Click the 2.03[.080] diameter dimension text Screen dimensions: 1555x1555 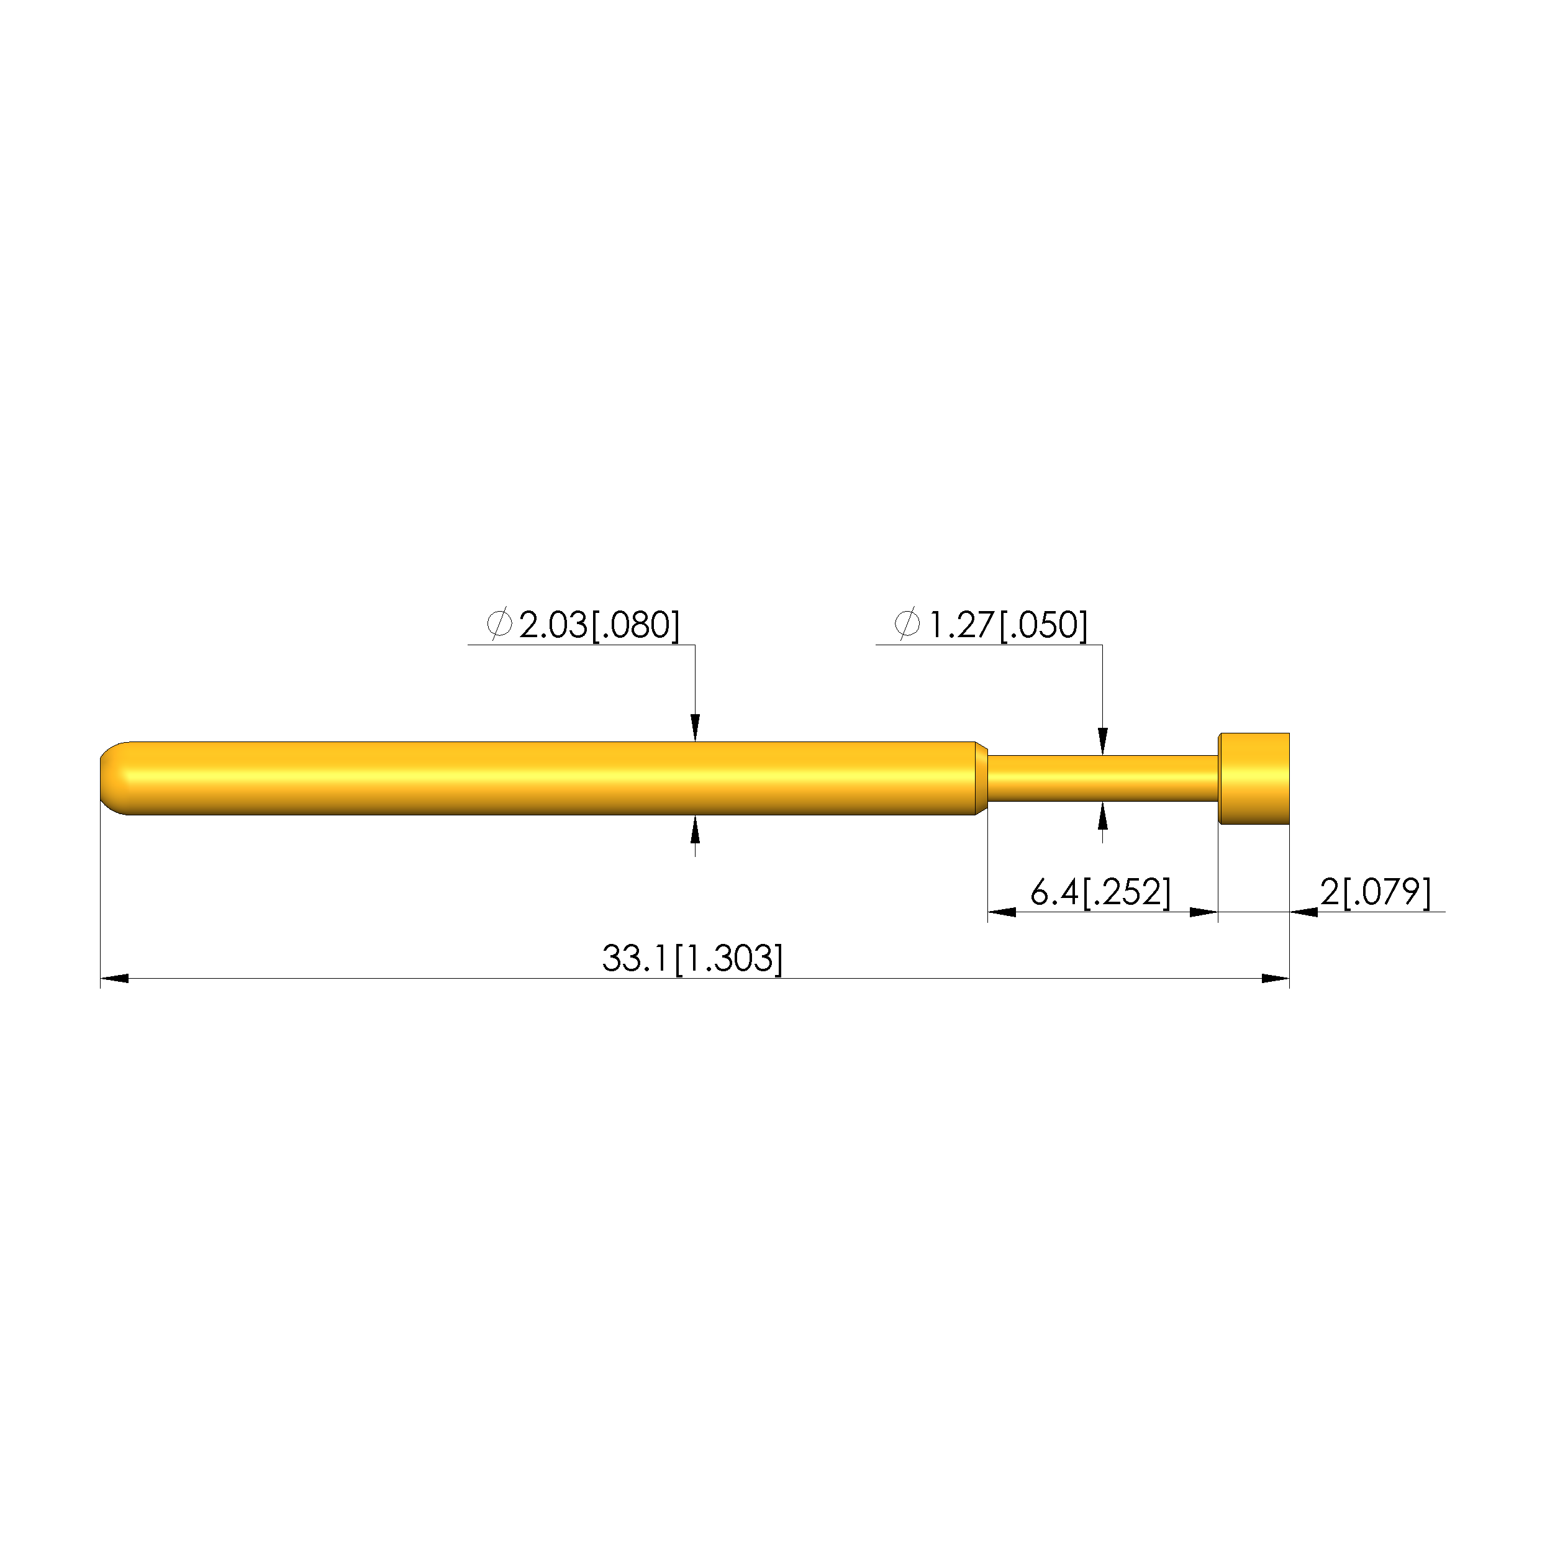point(599,626)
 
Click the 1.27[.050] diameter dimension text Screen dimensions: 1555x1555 point(1008,626)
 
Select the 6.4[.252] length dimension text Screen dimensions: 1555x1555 point(1100,892)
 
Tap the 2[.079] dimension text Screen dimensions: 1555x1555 point(1376,892)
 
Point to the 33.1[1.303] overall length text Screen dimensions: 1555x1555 point(692,959)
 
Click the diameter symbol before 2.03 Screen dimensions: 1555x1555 point(500,625)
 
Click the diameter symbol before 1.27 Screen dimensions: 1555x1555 point(907,625)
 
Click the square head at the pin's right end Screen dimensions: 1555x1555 point(1254,778)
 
